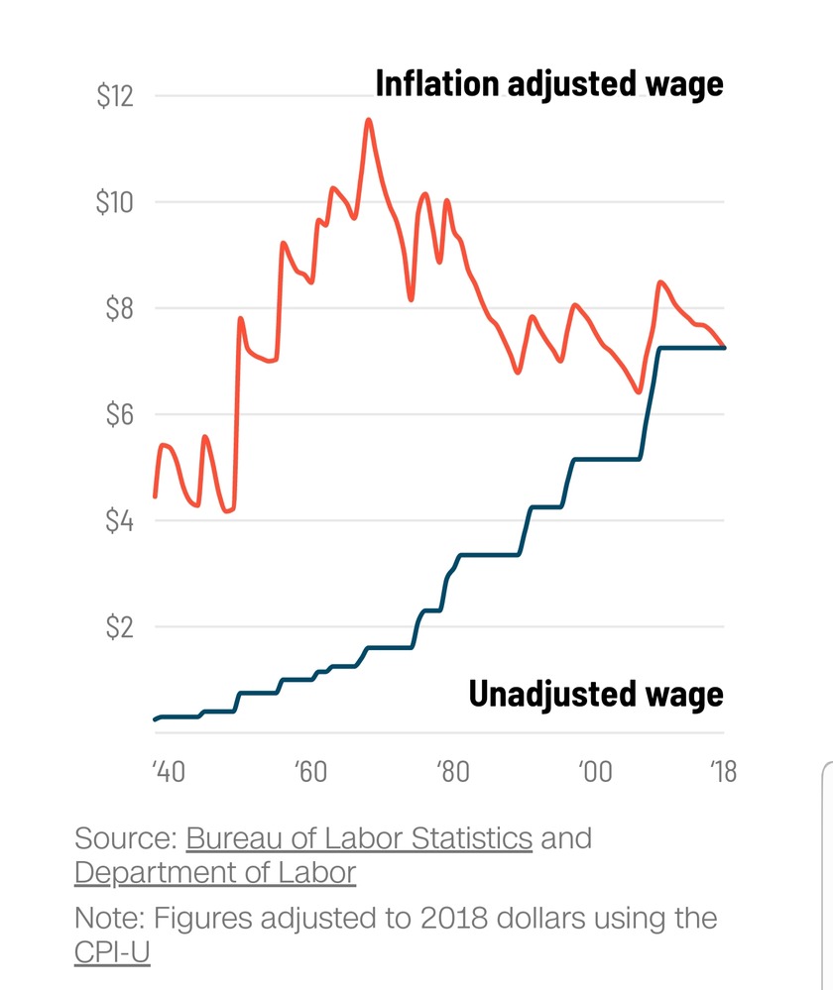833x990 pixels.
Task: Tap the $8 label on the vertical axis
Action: tap(120, 309)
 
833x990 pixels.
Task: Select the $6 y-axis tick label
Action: tap(120, 415)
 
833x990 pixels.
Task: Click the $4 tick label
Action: tap(120, 521)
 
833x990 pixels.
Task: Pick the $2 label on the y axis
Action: tap(120, 627)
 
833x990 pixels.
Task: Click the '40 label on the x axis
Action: tap(169, 772)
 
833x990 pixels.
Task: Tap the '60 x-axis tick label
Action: tap(310, 772)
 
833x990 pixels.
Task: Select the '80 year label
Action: tap(452, 772)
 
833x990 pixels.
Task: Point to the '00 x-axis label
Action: tap(594, 772)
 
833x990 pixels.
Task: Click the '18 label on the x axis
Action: tap(724, 772)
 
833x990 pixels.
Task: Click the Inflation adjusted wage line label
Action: tap(549, 84)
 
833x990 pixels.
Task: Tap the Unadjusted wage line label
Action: tap(596, 694)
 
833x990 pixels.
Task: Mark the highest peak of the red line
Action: tap(369, 120)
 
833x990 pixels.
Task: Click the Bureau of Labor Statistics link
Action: tap(359, 838)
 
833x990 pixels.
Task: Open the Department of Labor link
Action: tap(215, 873)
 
